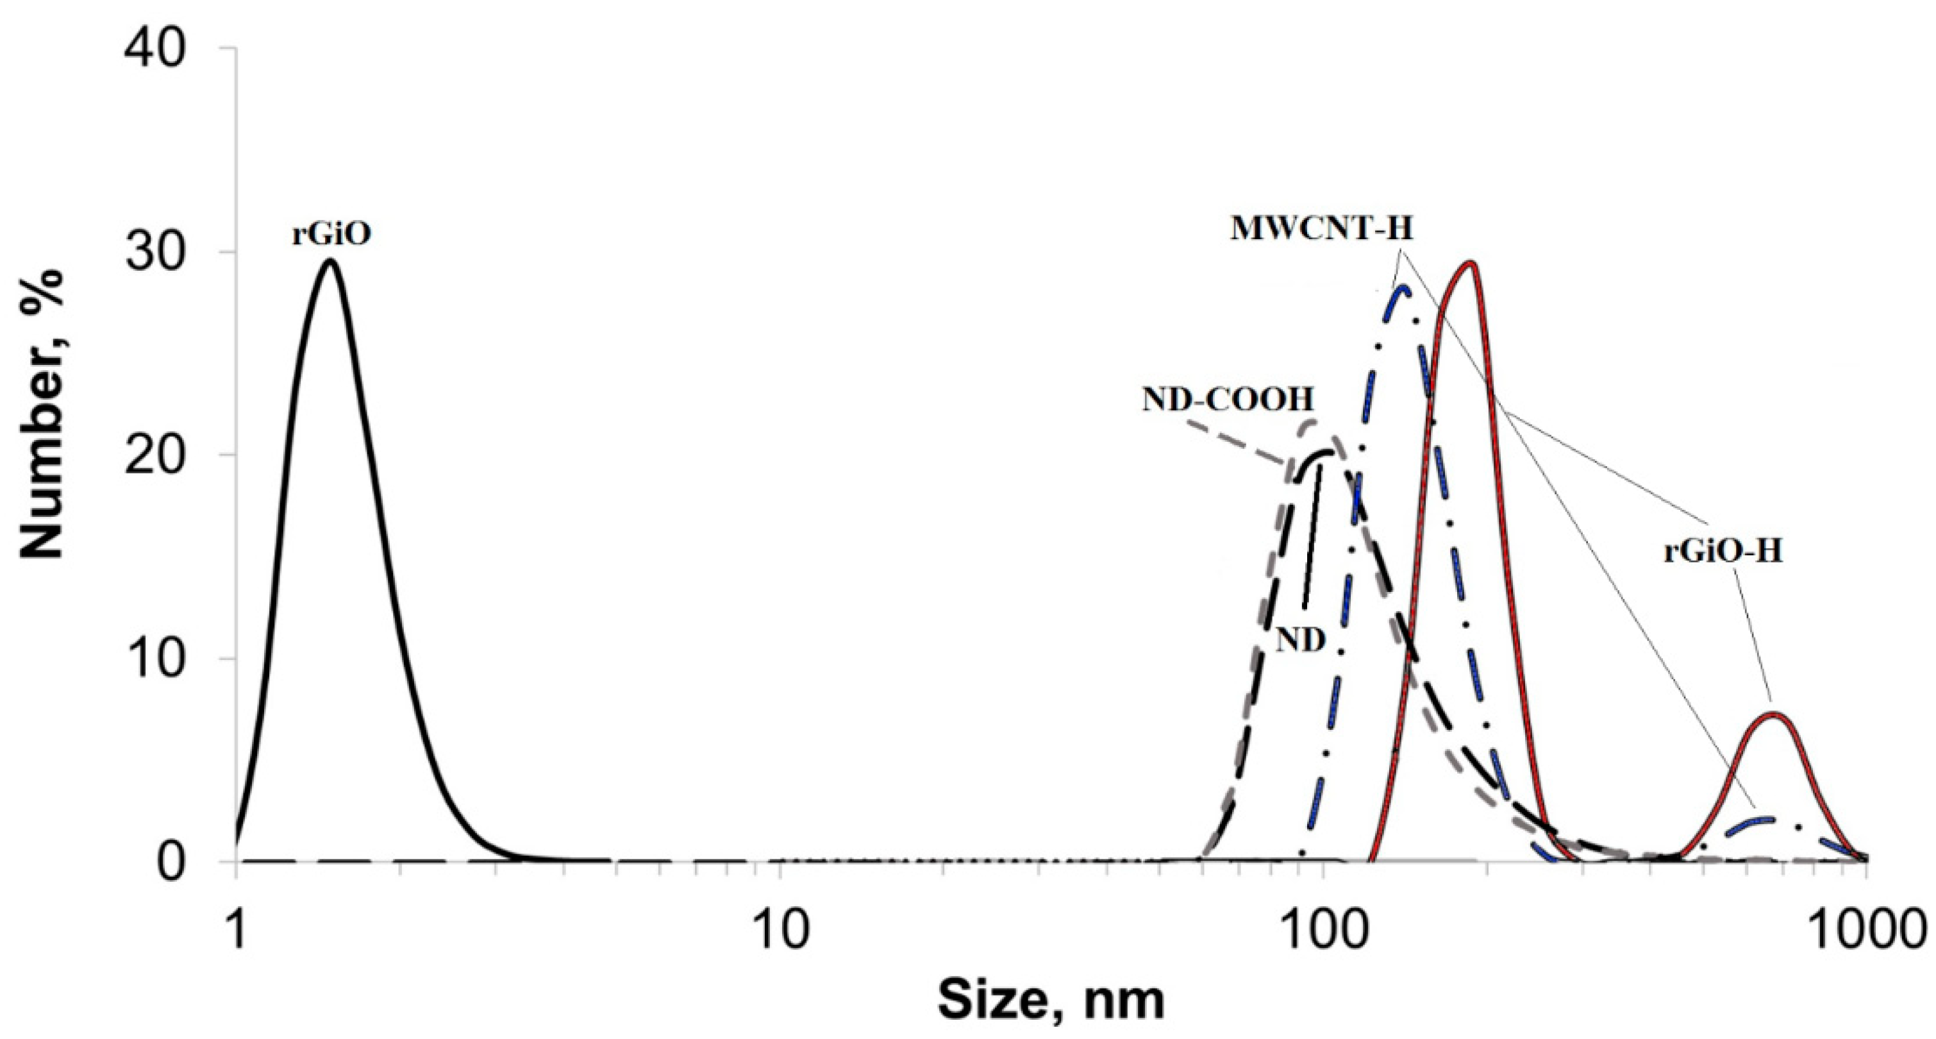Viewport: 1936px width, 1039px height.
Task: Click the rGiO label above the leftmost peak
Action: [x=331, y=235]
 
